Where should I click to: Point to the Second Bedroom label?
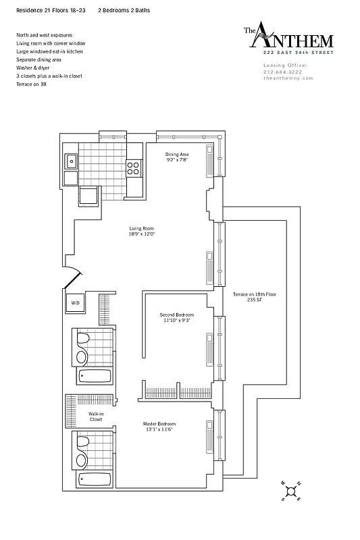pyautogui.click(x=177, y=317)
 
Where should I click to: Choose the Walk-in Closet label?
pyautogui.click(x=95, y=416)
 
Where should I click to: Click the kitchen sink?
pyautogui.click(x=72, y=161)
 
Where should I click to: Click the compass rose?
pyautogui.click(x=291, y=491)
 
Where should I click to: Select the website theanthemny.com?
pyautogui.click(x=284, y=78)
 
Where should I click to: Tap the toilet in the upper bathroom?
pyautogui.click(x=81, y=339)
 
